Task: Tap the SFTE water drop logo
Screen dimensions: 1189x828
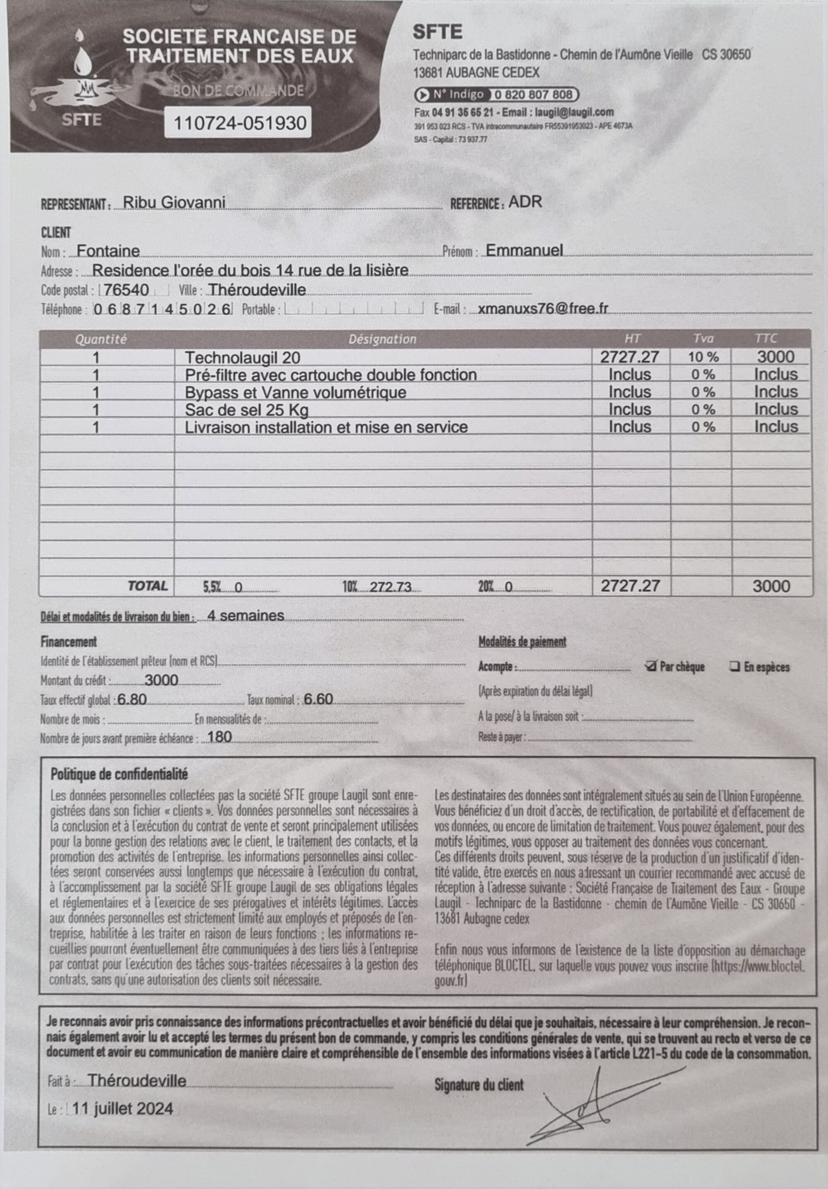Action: pos(81,78)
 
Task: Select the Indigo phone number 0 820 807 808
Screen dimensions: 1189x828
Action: pos(533,95)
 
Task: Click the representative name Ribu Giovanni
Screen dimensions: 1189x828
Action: pos(173,202)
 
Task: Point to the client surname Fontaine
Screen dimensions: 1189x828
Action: pos(108,251)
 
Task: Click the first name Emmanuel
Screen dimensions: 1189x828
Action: pos(524,251)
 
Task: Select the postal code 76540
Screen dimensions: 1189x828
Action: pos(126,290)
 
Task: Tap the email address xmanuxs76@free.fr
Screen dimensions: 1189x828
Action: pos(543,309)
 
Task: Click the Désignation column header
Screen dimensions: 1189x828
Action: pos(382,339)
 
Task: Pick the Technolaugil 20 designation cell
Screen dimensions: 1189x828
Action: pos(242,357)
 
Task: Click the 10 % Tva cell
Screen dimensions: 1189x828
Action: pos(703,357)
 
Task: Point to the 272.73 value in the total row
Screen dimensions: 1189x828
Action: pos(390,587)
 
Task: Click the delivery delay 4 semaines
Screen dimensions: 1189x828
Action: pos(246,615)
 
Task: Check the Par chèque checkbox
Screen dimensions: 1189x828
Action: pos(651,666)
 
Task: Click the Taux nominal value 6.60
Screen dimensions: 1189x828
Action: pos(318,699)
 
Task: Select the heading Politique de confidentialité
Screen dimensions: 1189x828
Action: pos(119,774)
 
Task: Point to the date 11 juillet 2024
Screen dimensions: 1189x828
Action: pos(123,1108)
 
